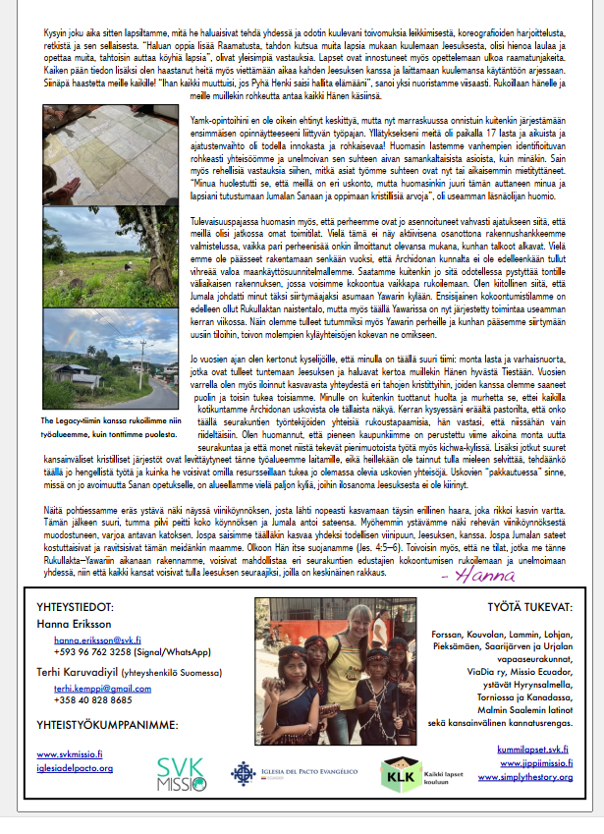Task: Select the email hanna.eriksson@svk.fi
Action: tap(96, 639)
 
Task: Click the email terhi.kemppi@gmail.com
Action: tap(98, 691)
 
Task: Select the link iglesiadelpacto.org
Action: tap(75, 767)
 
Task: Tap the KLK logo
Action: tap(398, 775)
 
